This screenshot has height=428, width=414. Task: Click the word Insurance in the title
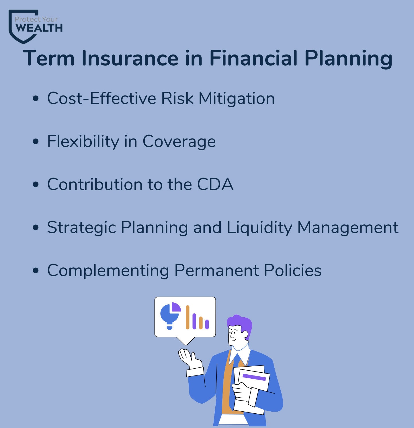(130, 58)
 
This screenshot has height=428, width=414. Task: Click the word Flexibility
(83, 142)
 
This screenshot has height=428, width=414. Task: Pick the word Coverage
(179, 142)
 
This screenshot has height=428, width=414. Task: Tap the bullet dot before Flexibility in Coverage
(36, 141)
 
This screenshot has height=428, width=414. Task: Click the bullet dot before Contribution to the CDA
(36, 184)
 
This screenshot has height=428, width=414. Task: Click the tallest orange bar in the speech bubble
(188, 317)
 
